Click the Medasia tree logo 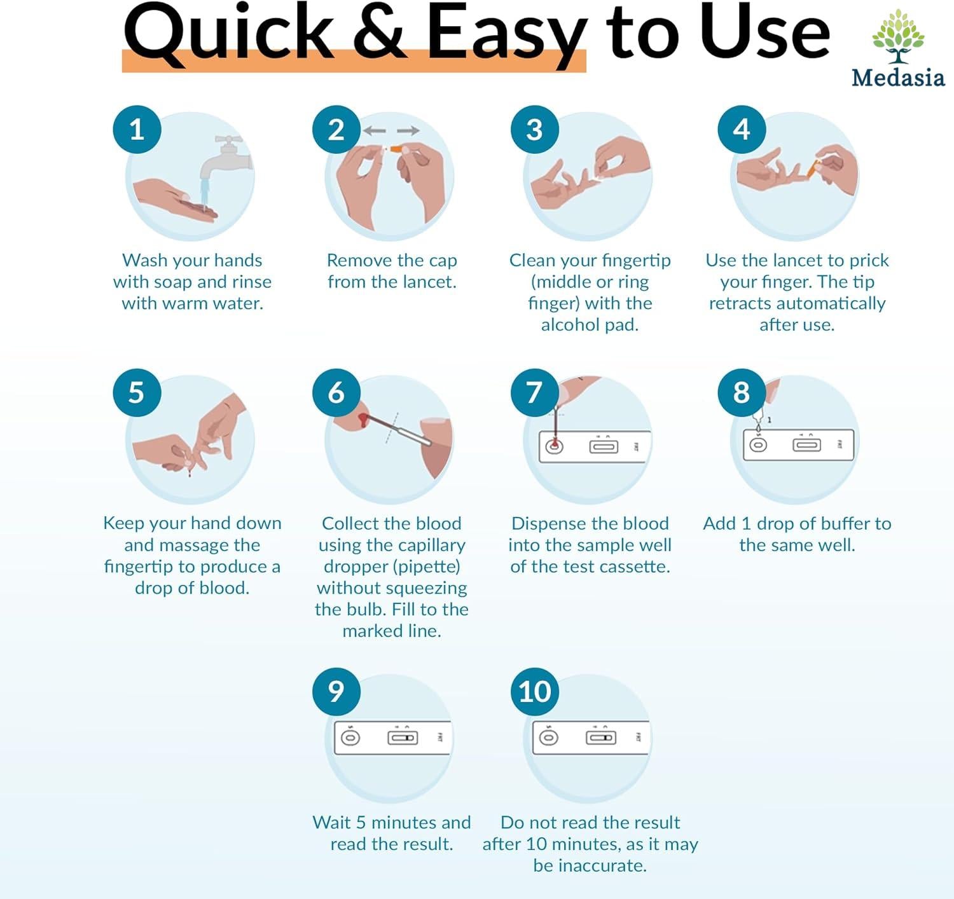[898, 36]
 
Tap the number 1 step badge [137, 129]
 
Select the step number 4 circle [742, 129]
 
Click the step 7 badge [535, 392]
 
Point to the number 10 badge [535, 692]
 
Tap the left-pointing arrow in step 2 [375, 130]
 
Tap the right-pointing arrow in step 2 [408, 130]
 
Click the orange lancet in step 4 [813, 168]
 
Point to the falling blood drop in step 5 [190, 474]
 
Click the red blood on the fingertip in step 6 [363, 420]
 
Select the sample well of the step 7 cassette [555, 446]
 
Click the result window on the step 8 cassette [806, 444]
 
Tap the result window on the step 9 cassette [403, 738]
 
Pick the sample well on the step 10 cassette [549, 737]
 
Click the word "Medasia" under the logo [898, 78]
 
